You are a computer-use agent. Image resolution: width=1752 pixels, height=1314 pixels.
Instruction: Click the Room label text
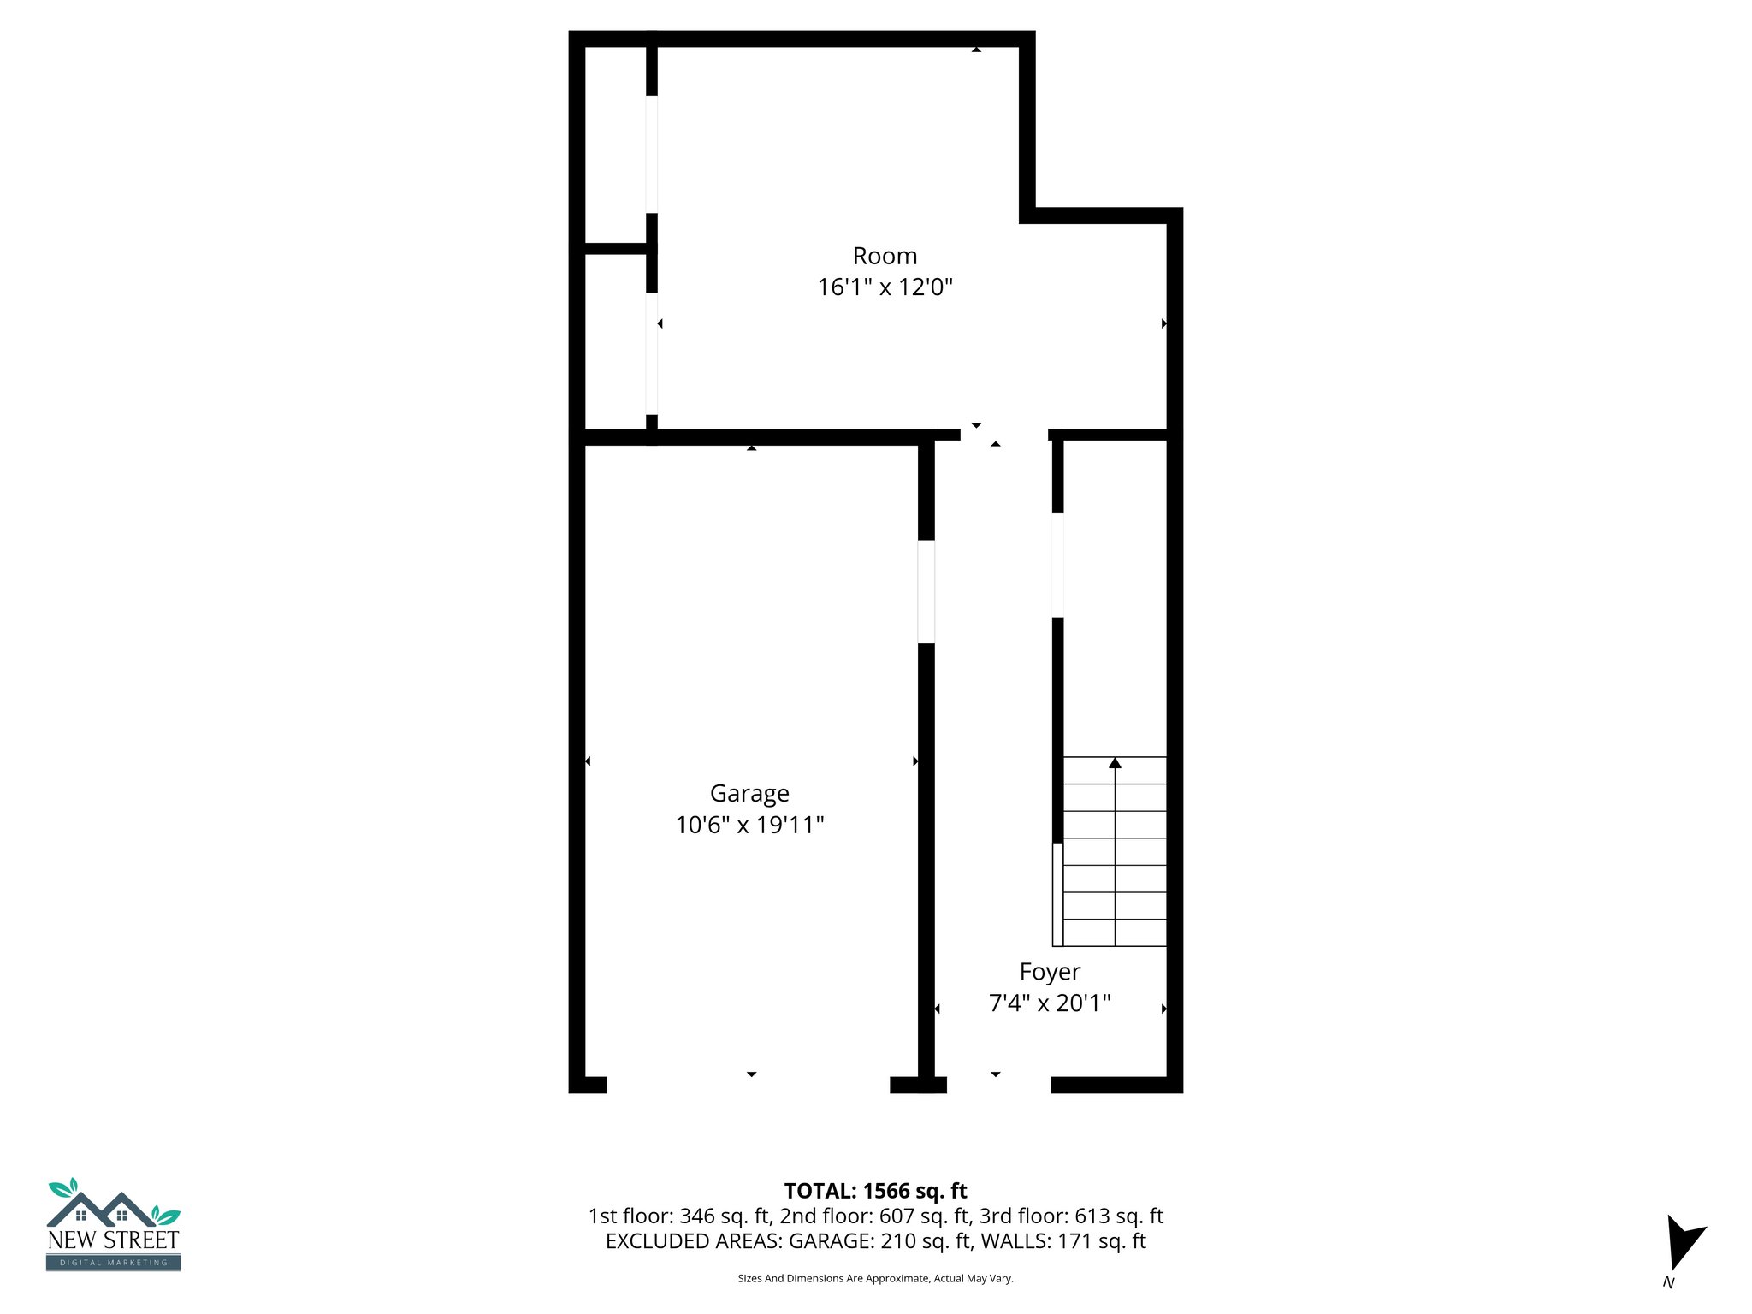(x=885, y=256)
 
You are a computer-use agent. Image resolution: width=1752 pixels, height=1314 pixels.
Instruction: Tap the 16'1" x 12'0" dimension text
(x=885, y=287)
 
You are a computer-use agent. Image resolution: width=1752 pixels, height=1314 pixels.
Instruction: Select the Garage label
(x=749, y=794)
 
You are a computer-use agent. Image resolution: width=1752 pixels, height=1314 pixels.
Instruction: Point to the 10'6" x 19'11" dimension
(x=749, y=825)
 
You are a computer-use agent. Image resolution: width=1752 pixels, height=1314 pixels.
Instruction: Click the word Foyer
(x=1050, y=972)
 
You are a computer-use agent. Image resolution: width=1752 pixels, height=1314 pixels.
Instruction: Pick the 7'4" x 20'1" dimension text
(x=1050, y=1003)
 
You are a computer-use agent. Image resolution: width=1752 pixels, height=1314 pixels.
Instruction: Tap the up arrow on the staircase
(x=1115, y=762)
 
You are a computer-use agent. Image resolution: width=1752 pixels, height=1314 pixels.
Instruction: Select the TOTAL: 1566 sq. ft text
(x=875, y=1191)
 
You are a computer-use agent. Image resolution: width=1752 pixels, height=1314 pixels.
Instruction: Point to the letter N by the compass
(x=1668, y=1282)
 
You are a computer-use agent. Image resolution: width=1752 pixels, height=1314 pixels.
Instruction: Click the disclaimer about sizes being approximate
(x=875, y=1278)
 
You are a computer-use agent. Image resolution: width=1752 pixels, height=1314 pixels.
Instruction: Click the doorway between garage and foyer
(x=926, y=591)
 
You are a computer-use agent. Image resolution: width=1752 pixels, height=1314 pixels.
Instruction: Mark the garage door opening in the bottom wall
(x=749, y=1085)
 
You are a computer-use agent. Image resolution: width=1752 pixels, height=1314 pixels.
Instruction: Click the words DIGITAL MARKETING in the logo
(x=113, y=1263)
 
